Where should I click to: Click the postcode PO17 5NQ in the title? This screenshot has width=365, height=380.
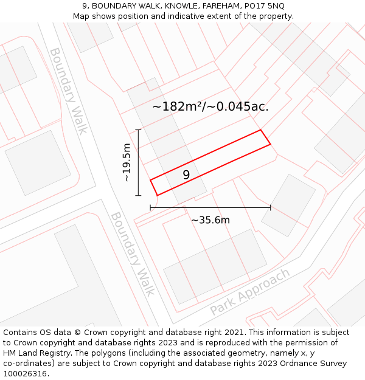[263, 6]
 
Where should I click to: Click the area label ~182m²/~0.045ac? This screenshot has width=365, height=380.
[210, 107]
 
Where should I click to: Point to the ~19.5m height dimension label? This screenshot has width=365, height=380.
[127, 162]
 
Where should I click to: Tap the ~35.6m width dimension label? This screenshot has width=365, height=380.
[210, 220]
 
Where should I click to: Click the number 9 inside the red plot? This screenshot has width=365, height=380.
[186, 175]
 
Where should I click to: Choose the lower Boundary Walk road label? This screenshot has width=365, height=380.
[133, 254]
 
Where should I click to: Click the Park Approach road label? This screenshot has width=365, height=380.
[250, 292]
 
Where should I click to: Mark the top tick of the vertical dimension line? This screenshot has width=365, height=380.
[139, 130]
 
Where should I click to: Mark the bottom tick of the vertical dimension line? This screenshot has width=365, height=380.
[139, 195]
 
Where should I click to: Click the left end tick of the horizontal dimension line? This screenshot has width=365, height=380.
[150, 208]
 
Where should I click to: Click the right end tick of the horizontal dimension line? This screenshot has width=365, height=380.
[271, 208]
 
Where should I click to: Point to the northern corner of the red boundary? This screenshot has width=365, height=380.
[261, 130]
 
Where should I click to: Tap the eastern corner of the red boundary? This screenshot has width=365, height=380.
[270, 145]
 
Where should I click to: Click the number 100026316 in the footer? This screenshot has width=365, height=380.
[24, 374]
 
